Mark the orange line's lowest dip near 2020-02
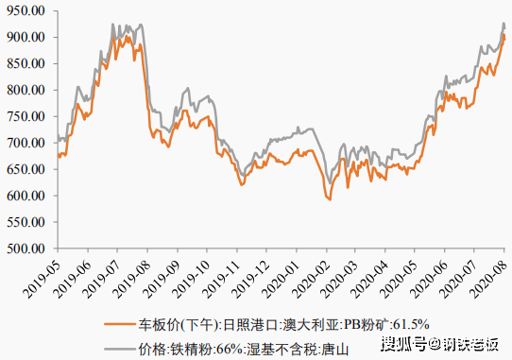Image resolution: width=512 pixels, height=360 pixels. click(x=329, y=199)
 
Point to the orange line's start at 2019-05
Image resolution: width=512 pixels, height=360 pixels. click(x=58, y=157)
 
